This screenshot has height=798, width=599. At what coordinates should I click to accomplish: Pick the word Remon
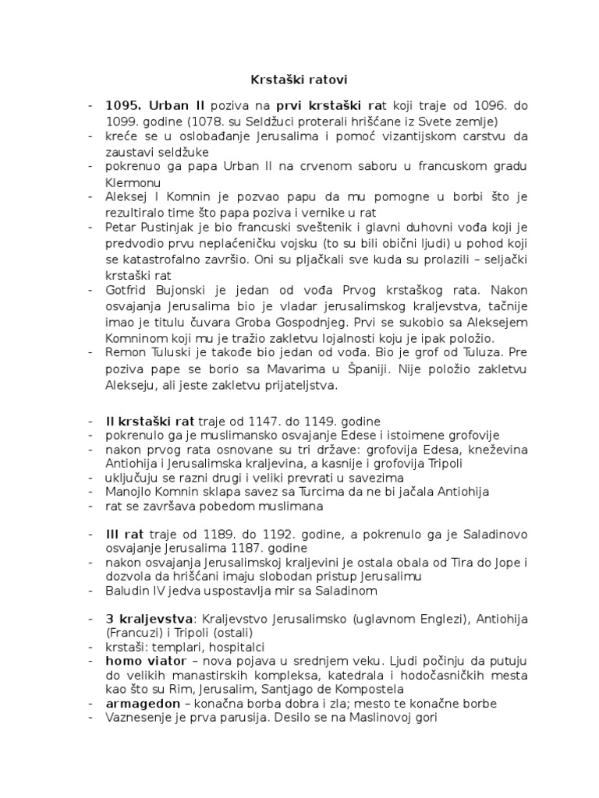click(124, 352)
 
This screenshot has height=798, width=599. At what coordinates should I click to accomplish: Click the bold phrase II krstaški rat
click(151, 422)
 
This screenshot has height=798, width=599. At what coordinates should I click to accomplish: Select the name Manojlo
click(129, 492)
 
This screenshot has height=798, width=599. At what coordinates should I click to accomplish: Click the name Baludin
click(128, 591)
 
